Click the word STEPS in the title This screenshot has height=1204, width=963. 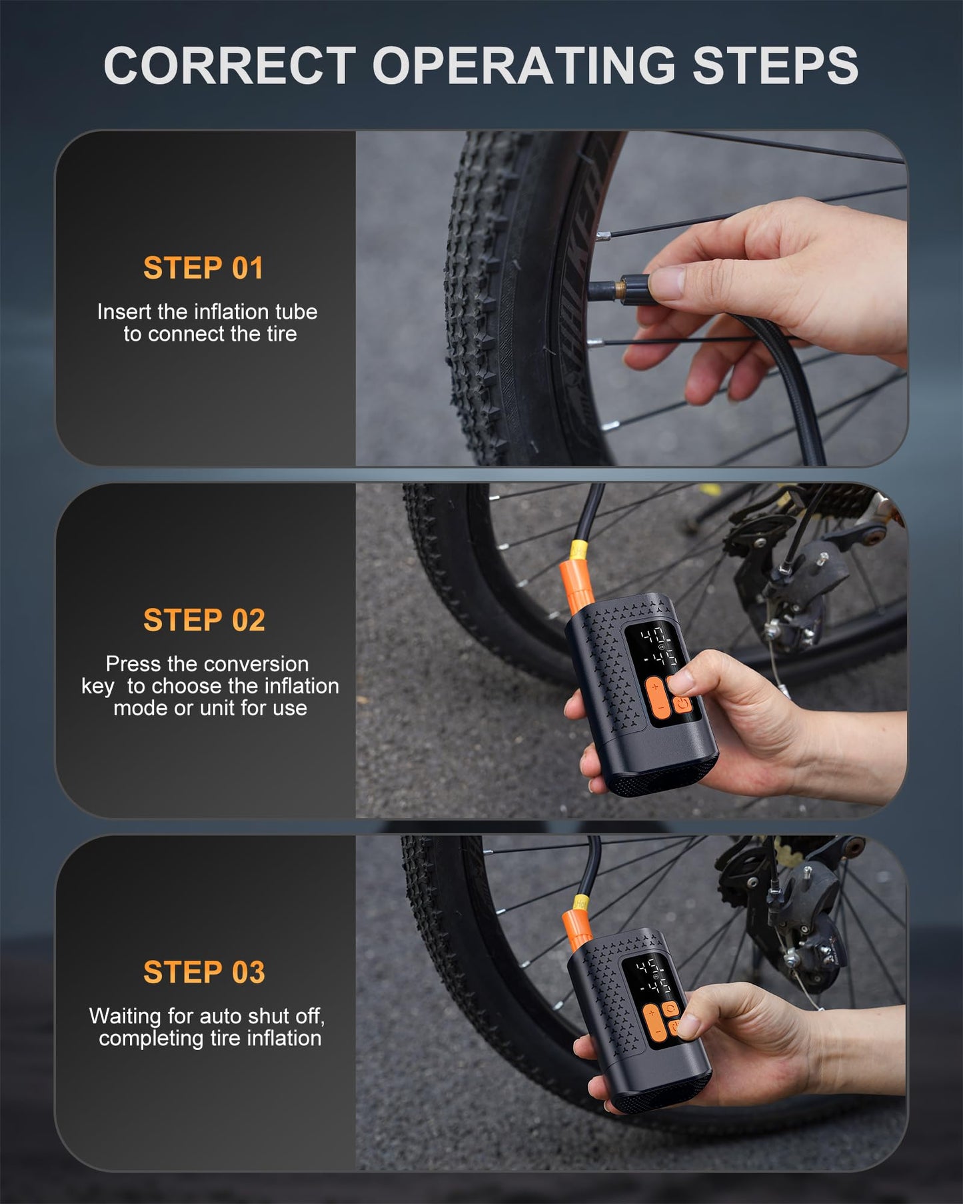pyautogui.click(x=775, y=66)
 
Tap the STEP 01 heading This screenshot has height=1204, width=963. pyautogui.click(x=203, y=268)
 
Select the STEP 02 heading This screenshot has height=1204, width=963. pyautogui.click(x=204, y=620)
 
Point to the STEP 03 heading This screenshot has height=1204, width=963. pyautogui.click(x=204, y=972)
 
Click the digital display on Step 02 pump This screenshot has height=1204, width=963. pyautogui.click(x=656, y=648)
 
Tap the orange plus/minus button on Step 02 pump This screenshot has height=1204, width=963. pyautogui.click(x=656, y=697)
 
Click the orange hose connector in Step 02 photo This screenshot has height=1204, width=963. pyautogui.click(x=577, y=583)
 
